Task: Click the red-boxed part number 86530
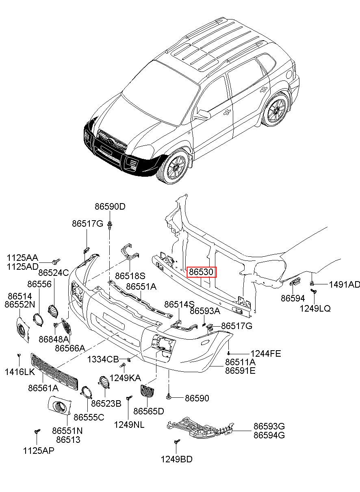[x=202, y=271]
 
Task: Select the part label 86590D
[x=110, y=206]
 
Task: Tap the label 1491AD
[x=344, y=284]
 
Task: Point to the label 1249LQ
[x=315, y=308]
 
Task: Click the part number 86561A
[x=43, y=388]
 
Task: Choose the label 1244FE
[x=265, y=353]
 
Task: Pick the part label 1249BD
[x=176, y=459]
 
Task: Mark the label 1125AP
[x=38, y=450]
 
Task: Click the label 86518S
[x=130, y=276]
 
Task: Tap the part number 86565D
[x=149, y=411]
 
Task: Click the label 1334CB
[x=103, y=359]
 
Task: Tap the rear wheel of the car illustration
[x=276, y=111]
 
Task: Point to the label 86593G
[x=269, y=426]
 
